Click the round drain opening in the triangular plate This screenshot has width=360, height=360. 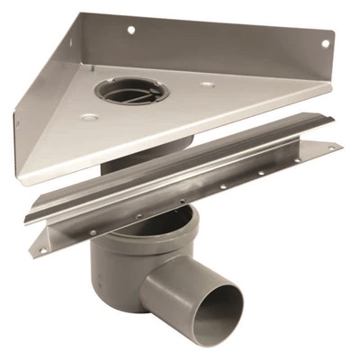coord(131,91)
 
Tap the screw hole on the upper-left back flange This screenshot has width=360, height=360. coord(130,30)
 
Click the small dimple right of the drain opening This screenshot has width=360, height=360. coord(208,85)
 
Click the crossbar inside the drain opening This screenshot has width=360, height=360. coord(132,94)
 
